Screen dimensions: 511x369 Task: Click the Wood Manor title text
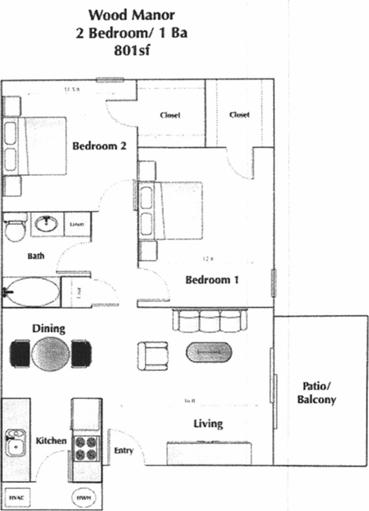pyautogui.click(x=131, y=14)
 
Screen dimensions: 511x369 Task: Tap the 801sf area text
pyautogui.click(x=131, y=52)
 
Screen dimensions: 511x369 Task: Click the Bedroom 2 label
pyautogui.click(x=99, y=146)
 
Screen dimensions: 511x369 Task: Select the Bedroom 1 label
pyautogui.click(x=211, y=279)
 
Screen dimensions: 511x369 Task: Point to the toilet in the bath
pyautogui.click(x=14, y=228)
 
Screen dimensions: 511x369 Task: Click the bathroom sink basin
pyautogui.click(x=47, y=224)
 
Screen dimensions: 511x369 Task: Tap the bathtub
pyautogui.click(x=32, y=291)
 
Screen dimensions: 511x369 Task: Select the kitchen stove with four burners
pyautogui.click(x=86, y=448)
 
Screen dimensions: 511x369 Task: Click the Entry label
pyautogui.click(x=123, y=451)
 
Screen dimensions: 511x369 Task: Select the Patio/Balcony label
pyautogui.click(x=319, y=393)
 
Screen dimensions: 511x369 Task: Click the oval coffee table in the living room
pyautogui.click(x=208, y=353)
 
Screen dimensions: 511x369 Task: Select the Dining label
pyautogui.click(x=49, y=328)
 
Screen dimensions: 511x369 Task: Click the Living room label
pyautogui.click(x=208, y=424)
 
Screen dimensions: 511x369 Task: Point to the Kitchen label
pyautogui.click(x=51, y=441)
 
